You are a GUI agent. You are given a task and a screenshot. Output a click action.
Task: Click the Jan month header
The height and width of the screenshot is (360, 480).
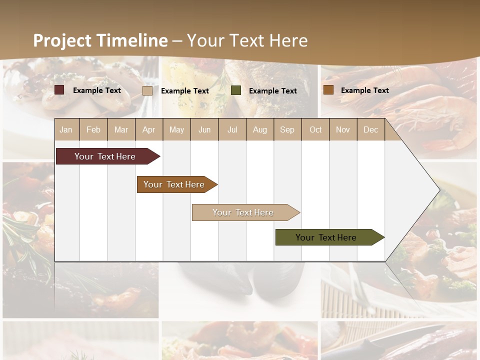pos(66,129)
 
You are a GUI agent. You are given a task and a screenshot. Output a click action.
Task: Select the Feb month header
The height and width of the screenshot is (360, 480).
pos(93,129)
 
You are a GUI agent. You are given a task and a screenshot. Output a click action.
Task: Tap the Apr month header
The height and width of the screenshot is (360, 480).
pos(148,129)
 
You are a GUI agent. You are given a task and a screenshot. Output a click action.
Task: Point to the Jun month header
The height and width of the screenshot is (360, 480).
pos(204,129)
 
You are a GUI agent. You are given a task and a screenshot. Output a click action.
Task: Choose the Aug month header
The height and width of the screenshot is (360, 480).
pos(259,129)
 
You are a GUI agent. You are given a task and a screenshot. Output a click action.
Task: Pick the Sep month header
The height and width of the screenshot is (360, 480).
pos(287,129)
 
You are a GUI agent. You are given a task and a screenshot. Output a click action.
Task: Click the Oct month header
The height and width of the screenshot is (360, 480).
pos(315,129)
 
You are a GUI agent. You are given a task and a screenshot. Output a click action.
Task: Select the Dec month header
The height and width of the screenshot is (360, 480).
pos(370,129)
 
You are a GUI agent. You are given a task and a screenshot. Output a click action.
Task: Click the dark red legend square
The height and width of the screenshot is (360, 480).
pos(59,90)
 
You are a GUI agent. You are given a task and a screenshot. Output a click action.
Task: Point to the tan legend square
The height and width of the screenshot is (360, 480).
pos(147,90)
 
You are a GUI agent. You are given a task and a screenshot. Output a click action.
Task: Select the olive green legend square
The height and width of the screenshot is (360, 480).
pos(236,90)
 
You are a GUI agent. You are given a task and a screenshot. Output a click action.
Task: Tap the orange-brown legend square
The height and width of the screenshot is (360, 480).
pos(328,90)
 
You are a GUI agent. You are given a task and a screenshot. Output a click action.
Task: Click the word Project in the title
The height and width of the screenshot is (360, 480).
pos(62,40)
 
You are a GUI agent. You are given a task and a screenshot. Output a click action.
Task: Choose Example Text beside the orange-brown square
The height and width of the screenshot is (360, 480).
pos(364,90)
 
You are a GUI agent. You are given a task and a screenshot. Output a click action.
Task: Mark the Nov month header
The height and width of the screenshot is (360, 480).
pos(342,129)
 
